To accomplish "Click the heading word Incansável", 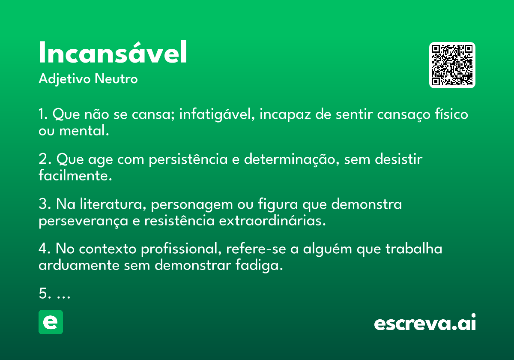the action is click(x=113, y=52).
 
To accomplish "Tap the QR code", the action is click(x=452, y=65).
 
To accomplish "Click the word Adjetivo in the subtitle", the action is click(x=65, y=79).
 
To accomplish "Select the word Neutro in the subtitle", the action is click(x=116, y=79).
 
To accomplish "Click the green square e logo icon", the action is click(x=51, y=322).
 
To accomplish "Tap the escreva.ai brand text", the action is click(x=425, y=322).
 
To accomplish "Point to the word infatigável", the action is click(x=217, y=114).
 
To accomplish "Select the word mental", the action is click(x=84, y=130).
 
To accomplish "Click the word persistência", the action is click(x=188, y=159).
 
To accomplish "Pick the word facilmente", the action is click(x=75, y=175).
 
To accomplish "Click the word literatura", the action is click(x=113, y=204).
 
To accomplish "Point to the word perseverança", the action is click(x=83, y=221).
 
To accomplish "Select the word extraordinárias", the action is click(x=272, y=220).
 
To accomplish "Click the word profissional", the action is click(x=181, y=249).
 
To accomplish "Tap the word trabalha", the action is click(x=414, y=249).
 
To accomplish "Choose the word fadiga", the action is click(x=259, y=265).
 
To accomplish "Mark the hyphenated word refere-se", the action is click(x=256, y=249).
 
